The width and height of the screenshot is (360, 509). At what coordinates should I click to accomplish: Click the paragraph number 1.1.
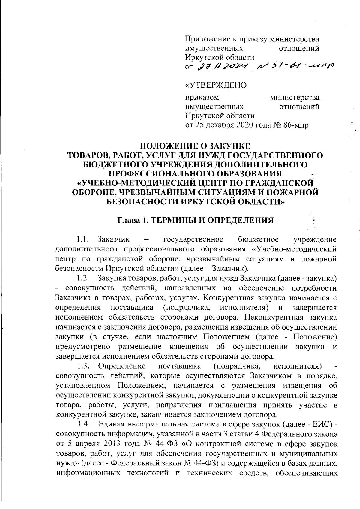point(82,239)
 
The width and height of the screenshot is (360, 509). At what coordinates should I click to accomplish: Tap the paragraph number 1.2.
point(82,278)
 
